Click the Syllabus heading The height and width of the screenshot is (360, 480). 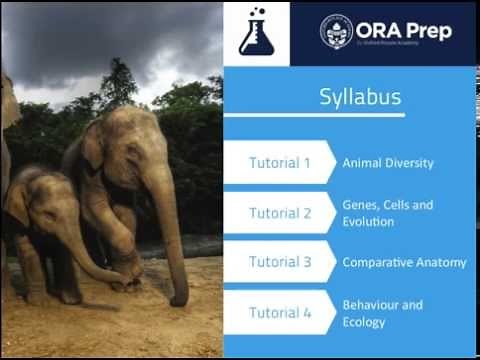coord(360,97)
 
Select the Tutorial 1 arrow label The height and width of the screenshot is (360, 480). coord(279,162)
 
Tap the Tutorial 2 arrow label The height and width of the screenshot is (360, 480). coord(279,213)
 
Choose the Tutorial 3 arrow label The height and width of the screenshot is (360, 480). coord(279,262)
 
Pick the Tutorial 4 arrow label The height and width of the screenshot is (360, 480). coord(279,312)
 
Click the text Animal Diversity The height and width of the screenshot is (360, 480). coord(388,162)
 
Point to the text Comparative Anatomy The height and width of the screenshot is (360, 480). coord(404,262)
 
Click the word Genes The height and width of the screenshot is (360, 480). coord(360,205)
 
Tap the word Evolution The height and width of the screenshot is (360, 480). coord(368,221)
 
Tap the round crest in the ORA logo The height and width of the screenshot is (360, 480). coord(336,31)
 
